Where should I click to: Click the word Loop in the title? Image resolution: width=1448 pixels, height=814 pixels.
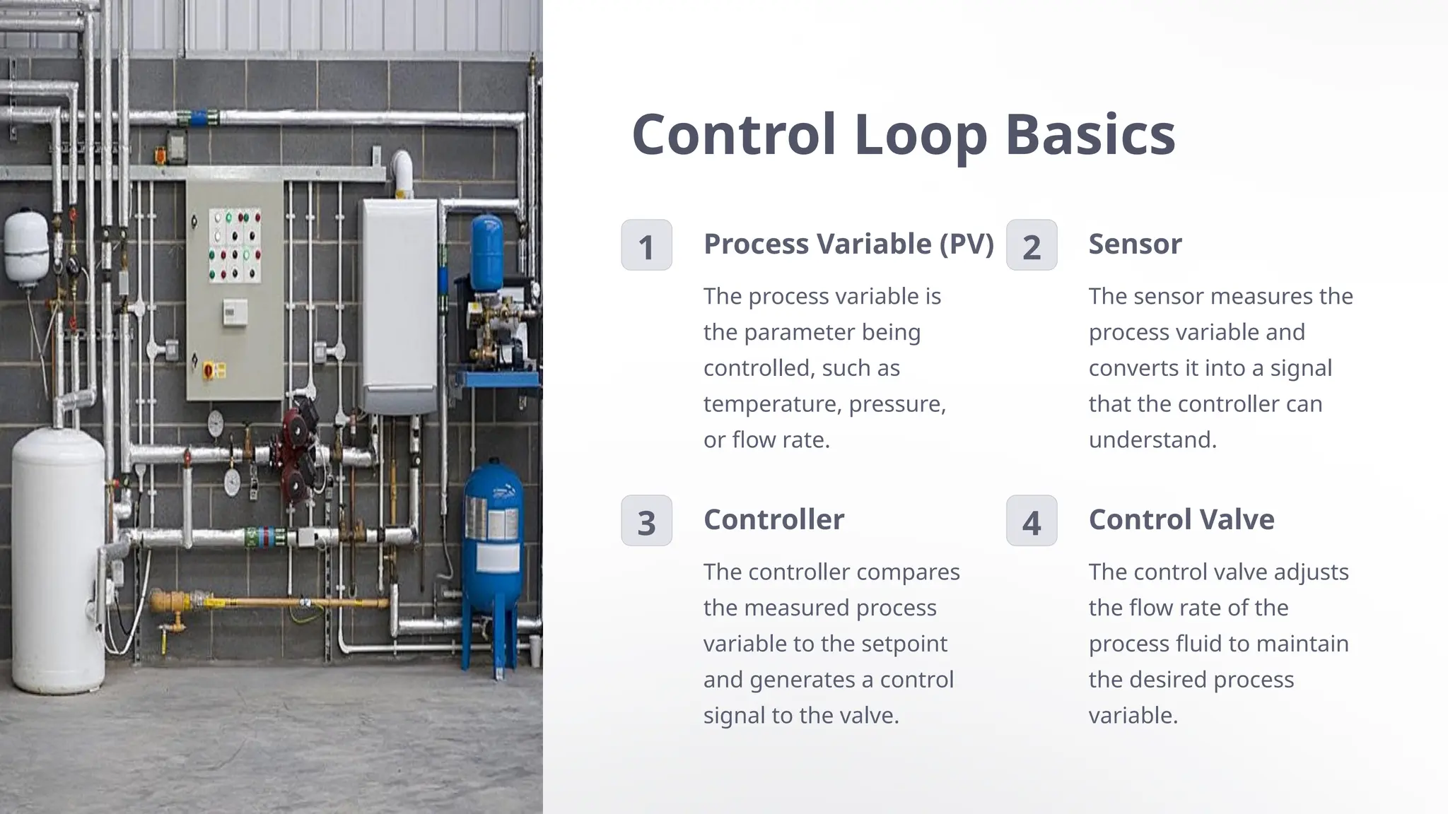[x=921, y=136]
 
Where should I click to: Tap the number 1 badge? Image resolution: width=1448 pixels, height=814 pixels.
[x=646, y=245]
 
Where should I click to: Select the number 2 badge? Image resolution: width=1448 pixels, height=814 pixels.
[x=1032, y=245]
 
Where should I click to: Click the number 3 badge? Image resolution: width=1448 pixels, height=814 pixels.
[x=646, y=521]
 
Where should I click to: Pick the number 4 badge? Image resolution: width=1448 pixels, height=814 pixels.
[x=1032, y=521]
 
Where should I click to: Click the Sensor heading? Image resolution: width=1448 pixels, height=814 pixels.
[x=1135, y=244]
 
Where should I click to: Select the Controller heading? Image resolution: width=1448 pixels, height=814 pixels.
[x=773, y=519]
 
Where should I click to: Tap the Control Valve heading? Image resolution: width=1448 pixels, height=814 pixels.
[x=1181, y=519]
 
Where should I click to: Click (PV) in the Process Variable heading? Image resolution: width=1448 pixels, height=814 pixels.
[x=967, y=244]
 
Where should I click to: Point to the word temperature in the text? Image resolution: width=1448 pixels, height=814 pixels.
[x=772, y=404]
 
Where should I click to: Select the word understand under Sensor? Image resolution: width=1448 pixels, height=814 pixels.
[x=1152, y=440]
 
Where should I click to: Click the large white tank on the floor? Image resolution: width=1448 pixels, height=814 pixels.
[x=58, y=558]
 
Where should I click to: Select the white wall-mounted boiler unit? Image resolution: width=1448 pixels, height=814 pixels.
[x=399, y=304]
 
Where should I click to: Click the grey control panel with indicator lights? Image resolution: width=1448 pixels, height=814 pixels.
[x=235, y=290]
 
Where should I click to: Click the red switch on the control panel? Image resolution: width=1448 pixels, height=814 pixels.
[x=209, y=370]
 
